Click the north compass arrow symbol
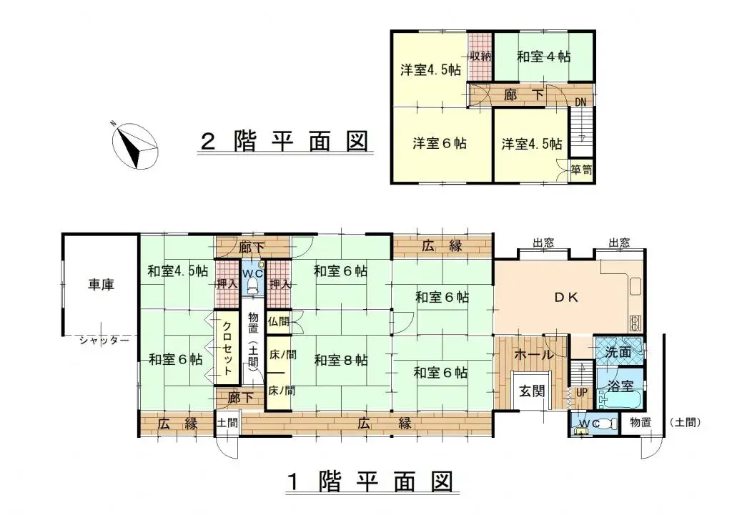click(134, 145)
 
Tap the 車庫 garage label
click(101, 284)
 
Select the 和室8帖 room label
click(341, 360)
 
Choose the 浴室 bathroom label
click(620, 386)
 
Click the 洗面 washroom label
click(618, 352)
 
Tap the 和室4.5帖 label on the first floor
click(178, 271)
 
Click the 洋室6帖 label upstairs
click(440, 143)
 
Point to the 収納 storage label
click(480, 56)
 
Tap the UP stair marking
click(580, 393)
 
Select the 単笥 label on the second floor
click(581, 170)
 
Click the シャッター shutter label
click(104, 341)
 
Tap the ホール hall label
click(533, 355)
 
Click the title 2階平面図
click(284, 142)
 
